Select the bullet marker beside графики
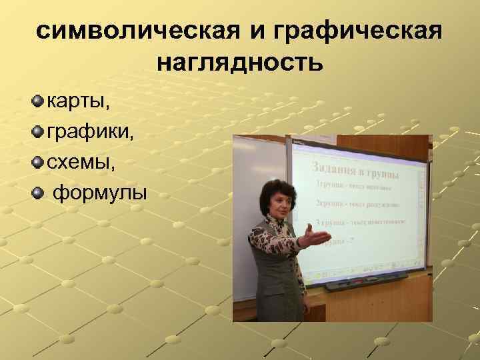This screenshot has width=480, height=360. pos(37,132)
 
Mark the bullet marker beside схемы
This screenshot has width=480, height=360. pos(37,163)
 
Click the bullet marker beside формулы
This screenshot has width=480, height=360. pos(37,193)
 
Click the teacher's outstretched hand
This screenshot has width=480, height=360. pos(316,234)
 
